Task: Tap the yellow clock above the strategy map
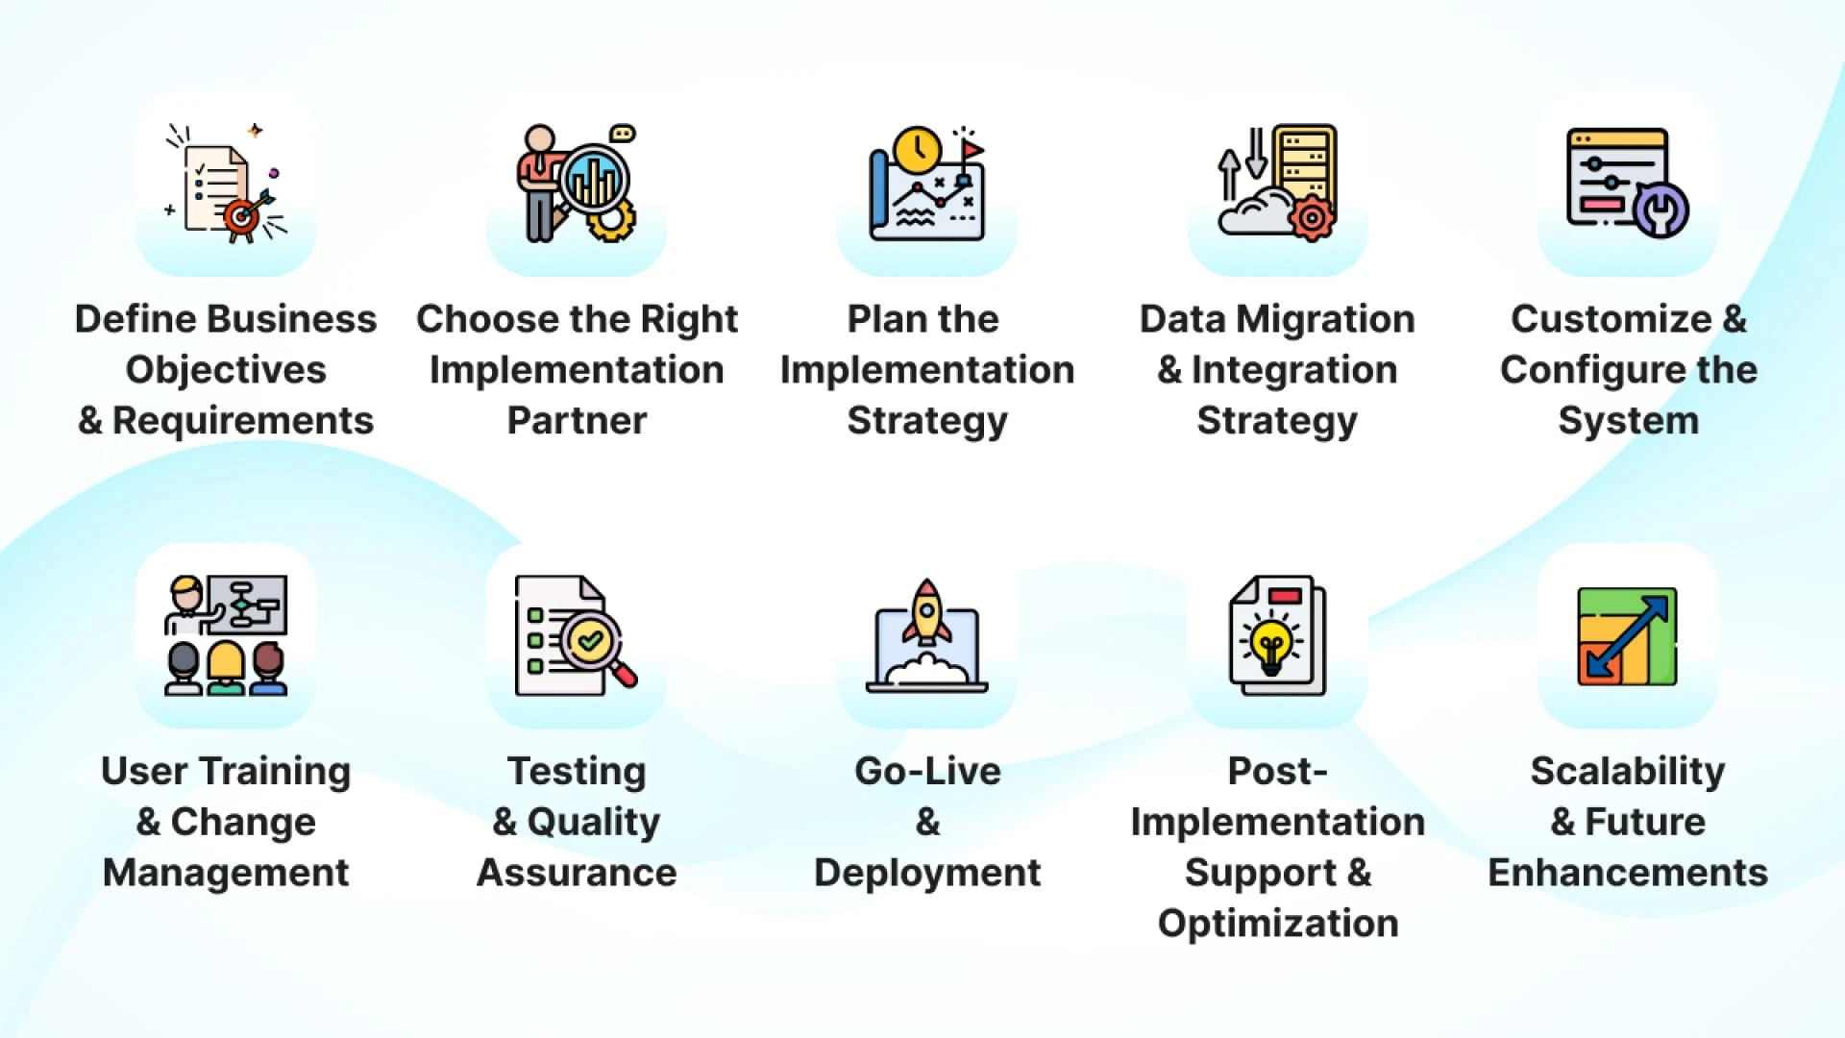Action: (917, 150)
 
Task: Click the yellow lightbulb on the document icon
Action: (1271, 645)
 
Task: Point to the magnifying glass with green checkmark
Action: (590, 640)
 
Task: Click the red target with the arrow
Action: (241, 217)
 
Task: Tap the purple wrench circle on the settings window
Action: (1661, 209)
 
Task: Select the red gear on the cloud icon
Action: (1312, 218)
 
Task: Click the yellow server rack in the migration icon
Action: (1305, 163)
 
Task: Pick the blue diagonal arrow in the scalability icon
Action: (1627, 636)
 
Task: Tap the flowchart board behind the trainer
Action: (248, 605)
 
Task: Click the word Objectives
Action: (226, 370)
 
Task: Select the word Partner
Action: (577, 421)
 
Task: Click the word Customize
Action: (1611, 319)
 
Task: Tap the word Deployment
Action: (927, 873)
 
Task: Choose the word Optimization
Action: (1278, 924)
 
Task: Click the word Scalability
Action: (1628, 771)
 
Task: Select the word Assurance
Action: (577, 873)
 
